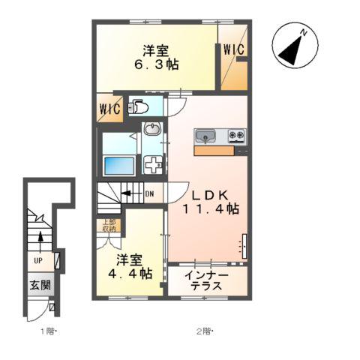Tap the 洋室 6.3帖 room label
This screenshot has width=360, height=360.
tap(157, 58)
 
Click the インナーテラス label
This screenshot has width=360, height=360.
tap(208, 281)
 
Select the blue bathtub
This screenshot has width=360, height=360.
tap(117, 163)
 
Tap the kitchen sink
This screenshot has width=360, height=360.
tap(205, 136)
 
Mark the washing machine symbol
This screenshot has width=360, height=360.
tap(152, 163)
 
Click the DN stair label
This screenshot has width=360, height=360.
tap(148, 194)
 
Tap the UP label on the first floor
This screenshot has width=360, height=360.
tap(36, 261)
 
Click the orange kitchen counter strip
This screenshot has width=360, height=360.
tap(214, 151)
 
